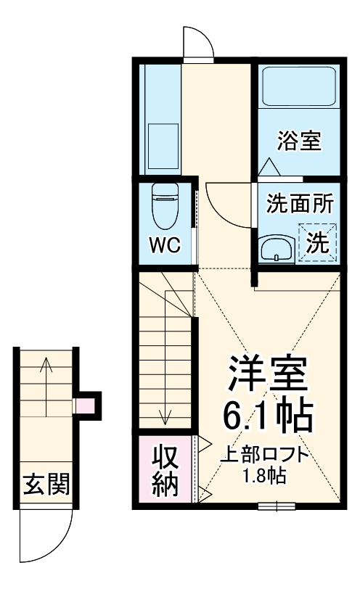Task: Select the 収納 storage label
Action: (x=165, y=472)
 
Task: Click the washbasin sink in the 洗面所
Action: (x=277, y=250)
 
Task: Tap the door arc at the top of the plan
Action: (x=197, y=42)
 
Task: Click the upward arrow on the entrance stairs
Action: (x=46, y=384)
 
